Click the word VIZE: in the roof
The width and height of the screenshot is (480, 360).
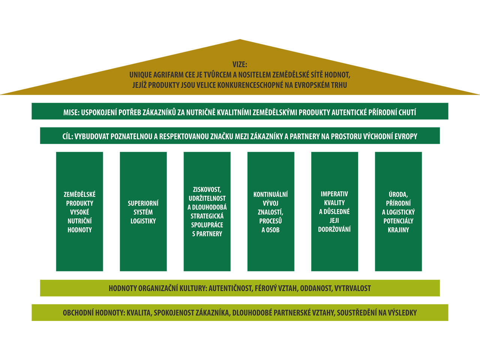pos(240,65)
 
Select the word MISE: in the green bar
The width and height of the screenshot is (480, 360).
pos(71,112)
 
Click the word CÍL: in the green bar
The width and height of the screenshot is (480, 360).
pos(67,136)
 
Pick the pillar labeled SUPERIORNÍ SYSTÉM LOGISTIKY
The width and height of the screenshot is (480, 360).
pos(143,211)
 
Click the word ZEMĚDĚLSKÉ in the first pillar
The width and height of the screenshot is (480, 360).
pos(79,194)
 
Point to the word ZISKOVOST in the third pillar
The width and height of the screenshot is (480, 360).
pos(207,190)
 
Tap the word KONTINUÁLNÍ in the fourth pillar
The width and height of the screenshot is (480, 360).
pos(271,194)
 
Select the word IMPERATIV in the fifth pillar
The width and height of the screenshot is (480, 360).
pos(334,194)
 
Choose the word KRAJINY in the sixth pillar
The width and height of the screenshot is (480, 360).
pos(398,230)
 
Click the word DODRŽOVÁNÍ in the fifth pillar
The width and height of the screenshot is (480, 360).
pos(334,229)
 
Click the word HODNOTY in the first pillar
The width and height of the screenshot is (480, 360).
pos(79,230)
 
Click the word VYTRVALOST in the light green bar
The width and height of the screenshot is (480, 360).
pos(352,288)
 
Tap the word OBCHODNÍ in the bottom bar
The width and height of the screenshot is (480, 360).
pos(78,313)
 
